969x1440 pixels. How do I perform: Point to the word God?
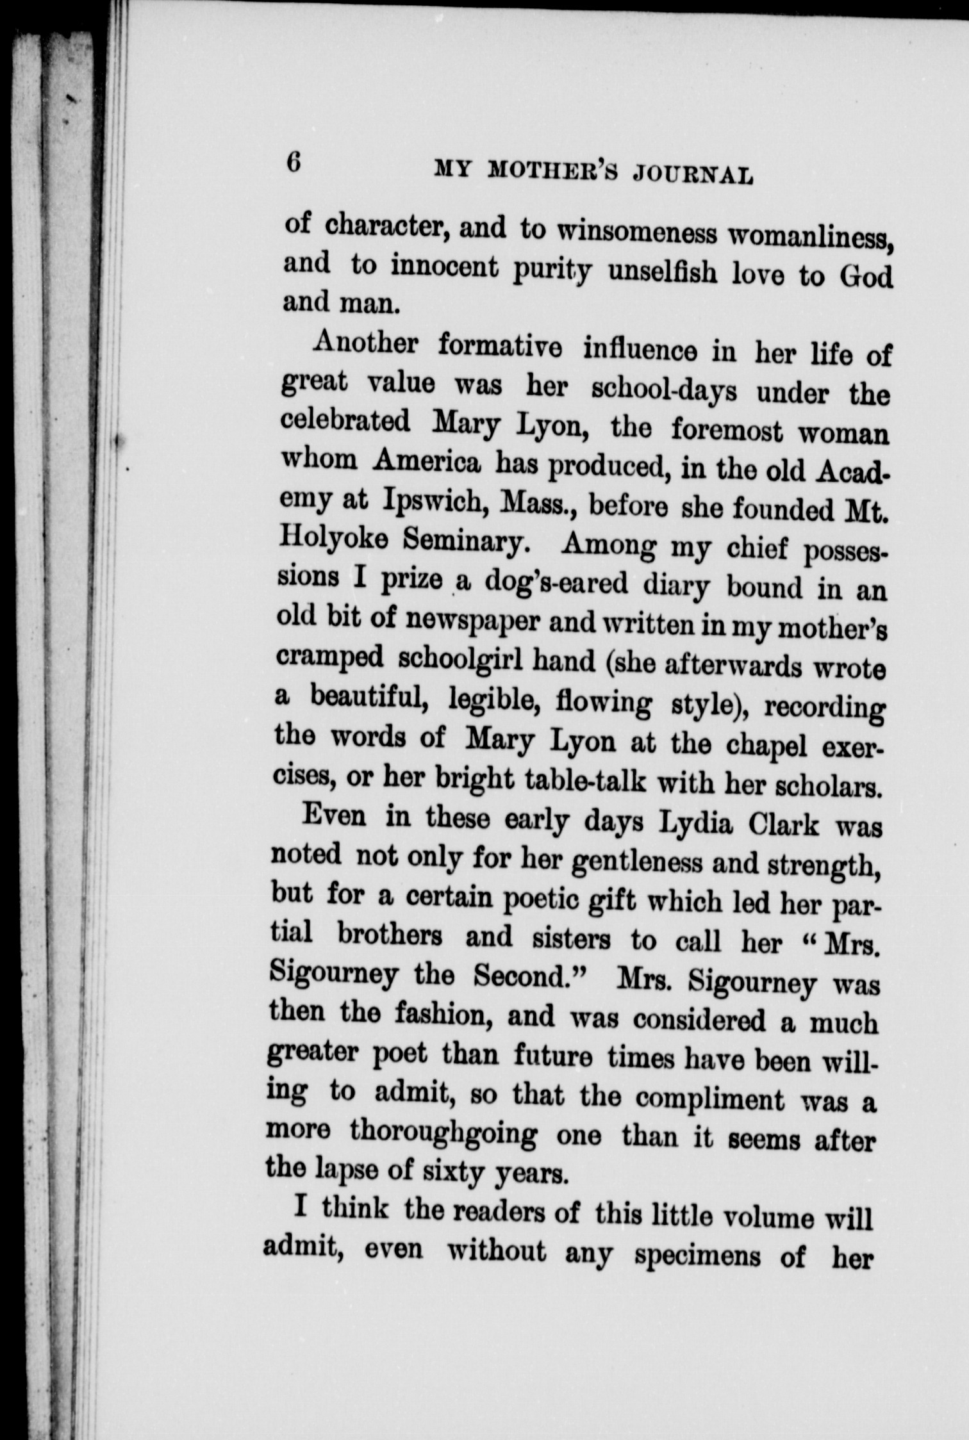click(866, 276)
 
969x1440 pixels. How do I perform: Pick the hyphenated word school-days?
click(664, 390)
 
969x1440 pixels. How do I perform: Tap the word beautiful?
click(366, 699)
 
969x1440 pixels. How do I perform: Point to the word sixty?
click(452, 1173)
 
